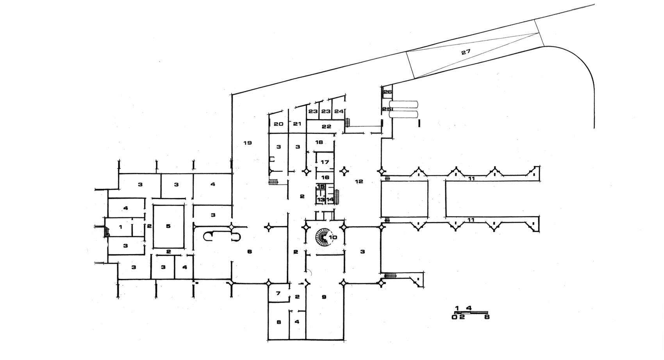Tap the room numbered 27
pyautogui.click(x=466, y=52)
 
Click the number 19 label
pyautogui.click(x=247, y=143)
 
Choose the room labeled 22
pyautogui.click(x=326, y=126)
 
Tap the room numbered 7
pyautogui.click(x=278, y=294)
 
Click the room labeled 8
pyautogui.click(x=278, y=322)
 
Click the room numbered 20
pyautogui.click(x=278, y=124)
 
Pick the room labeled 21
pyautogui.click(x=297, y=124)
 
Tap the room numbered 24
pyautogui.click(x=338, y=111)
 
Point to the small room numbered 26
pyautogui.click(x=387, y=92)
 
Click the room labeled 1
pyautogui.click(x=121, y=227)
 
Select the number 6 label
pyautogui.click(x=249, y=251)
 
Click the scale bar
pyautogui.click(x=471, y=312)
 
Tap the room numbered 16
pyautogui.click(x=325, y=177)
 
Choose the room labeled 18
pyautogui.click(x=320, y=142)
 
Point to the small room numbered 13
pyautogui.click(x=321, y=199)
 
